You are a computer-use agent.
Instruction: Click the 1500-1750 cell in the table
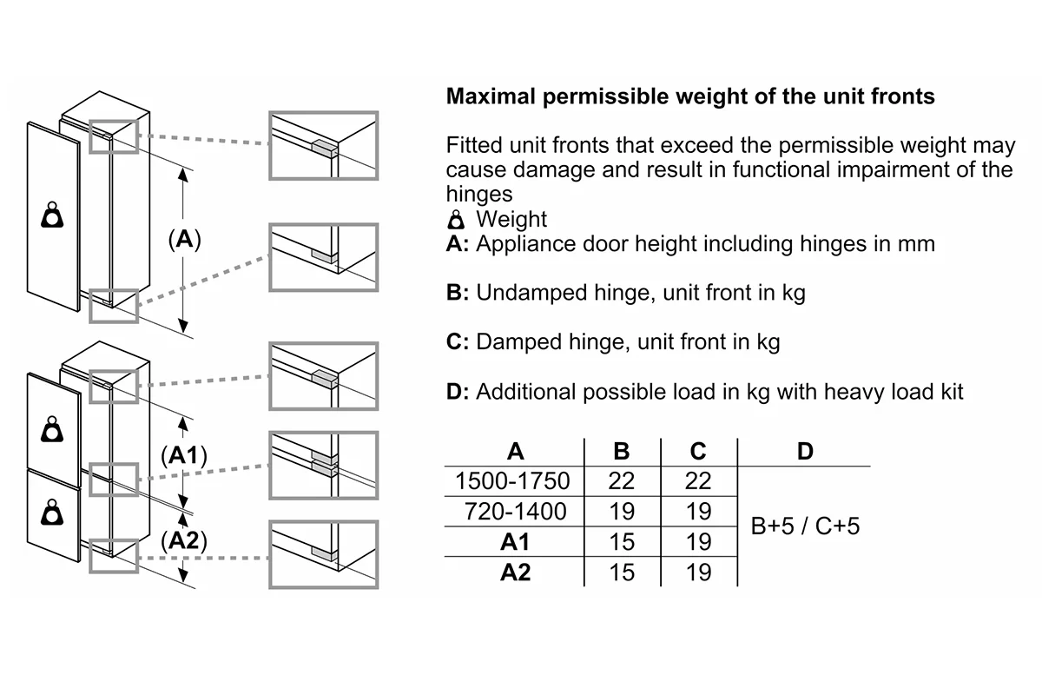(512, 481)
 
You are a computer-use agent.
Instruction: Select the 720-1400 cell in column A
(515, 511)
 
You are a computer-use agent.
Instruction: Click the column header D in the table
(805, 451)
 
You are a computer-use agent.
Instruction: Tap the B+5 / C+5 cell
(805, 526)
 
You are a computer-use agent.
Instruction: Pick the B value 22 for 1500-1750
(622, 481)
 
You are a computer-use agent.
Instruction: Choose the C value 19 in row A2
(699, 573)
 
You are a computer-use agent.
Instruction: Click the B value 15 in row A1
(622, 542)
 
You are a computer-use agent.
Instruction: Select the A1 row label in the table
(515, 542)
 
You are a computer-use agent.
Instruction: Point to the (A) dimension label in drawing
(185, 240)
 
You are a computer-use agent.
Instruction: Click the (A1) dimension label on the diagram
(184, 455)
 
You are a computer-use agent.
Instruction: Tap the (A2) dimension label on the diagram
(184, 540)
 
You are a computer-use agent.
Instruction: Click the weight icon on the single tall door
(52, 215)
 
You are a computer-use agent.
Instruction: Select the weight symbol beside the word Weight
(456, 219)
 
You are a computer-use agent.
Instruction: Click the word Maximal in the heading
(491, 96)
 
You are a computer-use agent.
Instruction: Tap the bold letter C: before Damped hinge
(458, 341)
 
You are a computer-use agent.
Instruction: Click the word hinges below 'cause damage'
(479, 194)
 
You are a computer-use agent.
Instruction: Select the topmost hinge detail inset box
(323, 146)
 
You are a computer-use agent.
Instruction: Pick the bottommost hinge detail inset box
(323, 554)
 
